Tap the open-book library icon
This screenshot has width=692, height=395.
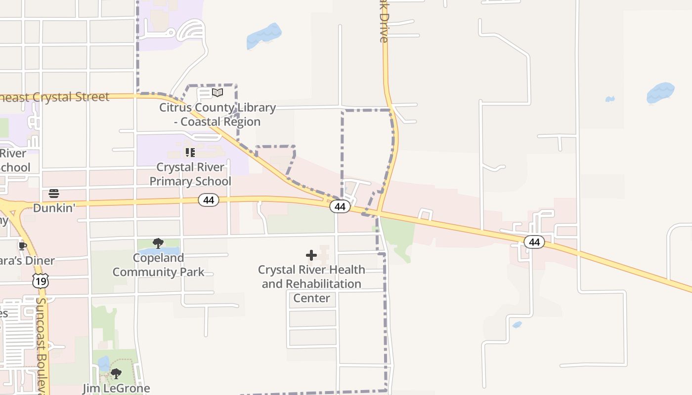click(x=217, y=92)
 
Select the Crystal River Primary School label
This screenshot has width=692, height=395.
click(x=190, y=174)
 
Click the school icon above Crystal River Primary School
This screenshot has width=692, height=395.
click(x=190, y=153)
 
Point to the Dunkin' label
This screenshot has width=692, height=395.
click(x=54, y=208)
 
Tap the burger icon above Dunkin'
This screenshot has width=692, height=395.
click(x=54, y=193)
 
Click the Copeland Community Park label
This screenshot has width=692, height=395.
click(x=158, y=265)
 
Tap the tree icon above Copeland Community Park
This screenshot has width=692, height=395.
click(x=158, y=243)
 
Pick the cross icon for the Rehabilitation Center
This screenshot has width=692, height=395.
click(x=311, y=255)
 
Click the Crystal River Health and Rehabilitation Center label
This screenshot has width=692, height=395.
click(x=311, y=284)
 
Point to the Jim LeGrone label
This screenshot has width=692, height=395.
click(x=116, y=388)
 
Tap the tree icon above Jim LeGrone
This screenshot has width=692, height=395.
click(x=116, y=373)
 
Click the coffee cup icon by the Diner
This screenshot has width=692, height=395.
click(x=22, y=246)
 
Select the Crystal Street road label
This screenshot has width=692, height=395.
click(x=54, y=97)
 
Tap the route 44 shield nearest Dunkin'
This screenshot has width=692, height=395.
click(x=209, y=200)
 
